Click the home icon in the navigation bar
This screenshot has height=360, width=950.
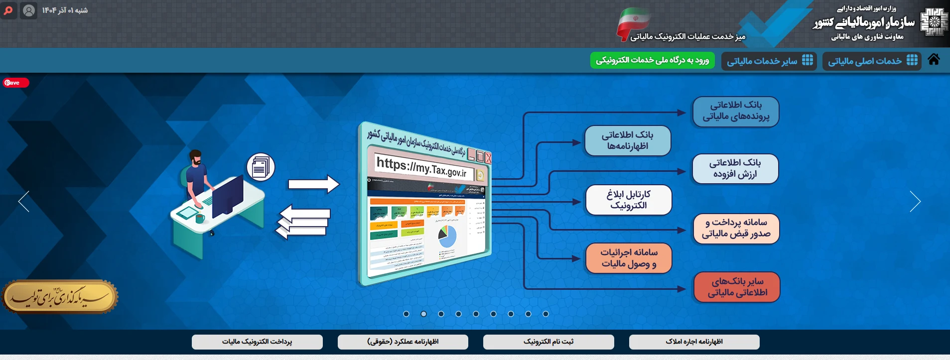pos(934,60)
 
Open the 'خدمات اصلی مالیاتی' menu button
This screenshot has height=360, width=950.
pos(871,61)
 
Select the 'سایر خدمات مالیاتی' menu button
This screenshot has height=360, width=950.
pos(769,61)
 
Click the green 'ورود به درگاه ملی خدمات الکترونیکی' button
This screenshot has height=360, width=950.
pos(652,60)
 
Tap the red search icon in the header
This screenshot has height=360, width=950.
pos(8,10)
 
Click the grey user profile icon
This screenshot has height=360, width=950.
pos(29,10)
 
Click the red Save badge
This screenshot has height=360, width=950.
pos(15,83)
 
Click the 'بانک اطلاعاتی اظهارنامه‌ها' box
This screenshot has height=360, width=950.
pos(627,140)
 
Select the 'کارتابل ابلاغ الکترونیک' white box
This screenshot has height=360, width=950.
pos(628,200)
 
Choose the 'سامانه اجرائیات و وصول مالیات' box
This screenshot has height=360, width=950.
pos(628,258)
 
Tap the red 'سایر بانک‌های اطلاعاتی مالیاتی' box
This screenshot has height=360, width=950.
pos(736,287)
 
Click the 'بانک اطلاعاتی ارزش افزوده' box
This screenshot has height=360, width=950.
pos(735,168)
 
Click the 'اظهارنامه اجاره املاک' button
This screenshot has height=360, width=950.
pos(694,342)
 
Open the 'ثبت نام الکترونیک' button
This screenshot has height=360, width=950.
pos(548,342)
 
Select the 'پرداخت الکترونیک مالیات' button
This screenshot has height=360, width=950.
pos(257,342)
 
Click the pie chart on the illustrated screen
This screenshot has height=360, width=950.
pos(447,237)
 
